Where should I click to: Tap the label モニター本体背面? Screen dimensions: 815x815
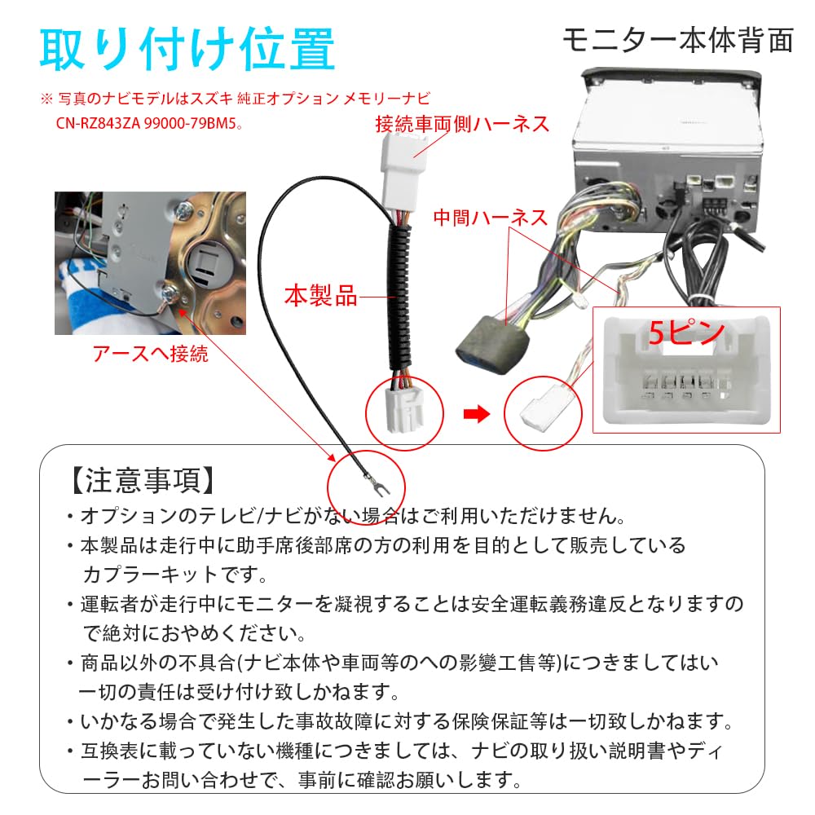677,39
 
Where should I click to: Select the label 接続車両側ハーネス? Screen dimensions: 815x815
462,124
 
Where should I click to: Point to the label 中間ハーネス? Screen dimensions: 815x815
490,218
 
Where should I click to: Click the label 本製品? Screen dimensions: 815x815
320,296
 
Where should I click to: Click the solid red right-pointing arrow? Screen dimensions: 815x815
476,414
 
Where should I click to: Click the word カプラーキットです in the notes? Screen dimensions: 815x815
174,574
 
